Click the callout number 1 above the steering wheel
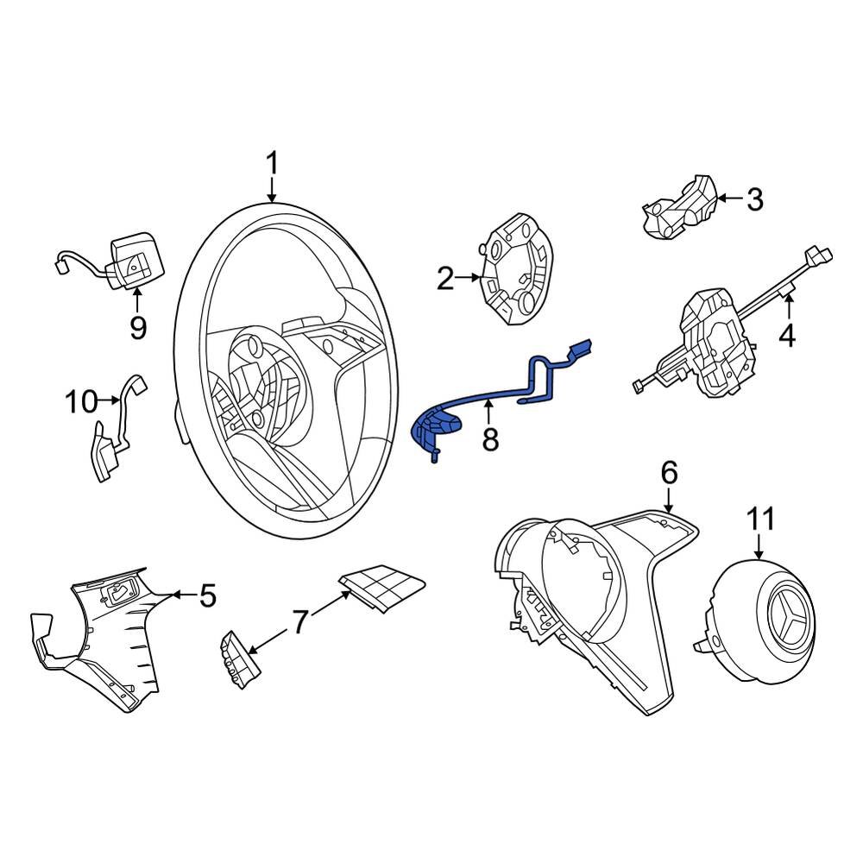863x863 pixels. (x=272, y=163)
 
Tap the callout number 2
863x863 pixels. (x=444, y=279)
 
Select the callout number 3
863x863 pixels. (x=754, y=200)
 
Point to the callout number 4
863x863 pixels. (x=786, y=335)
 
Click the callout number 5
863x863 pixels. (x=207, y=595)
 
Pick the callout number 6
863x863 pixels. (x=670, y=472)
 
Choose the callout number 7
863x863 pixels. (x=299, y=621)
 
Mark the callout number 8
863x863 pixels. (x=490, y=440)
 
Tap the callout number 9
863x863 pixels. (x=138, y=327)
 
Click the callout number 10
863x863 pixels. (x=82, y=401)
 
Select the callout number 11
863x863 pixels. (x=760, y=520)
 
